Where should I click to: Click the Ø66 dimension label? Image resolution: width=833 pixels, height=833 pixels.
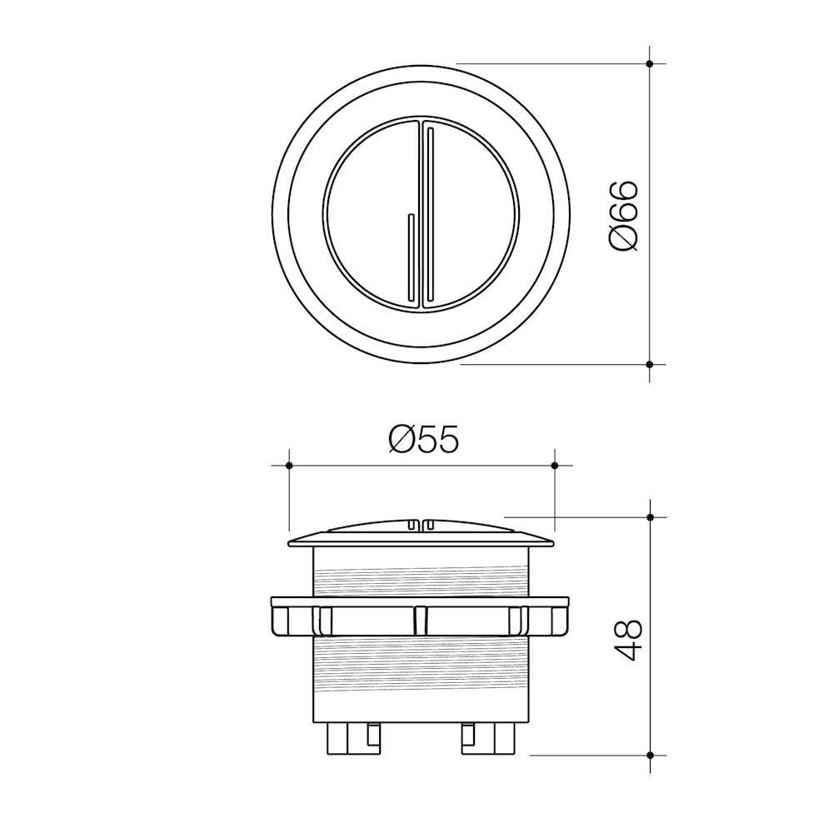[x=624, y=214]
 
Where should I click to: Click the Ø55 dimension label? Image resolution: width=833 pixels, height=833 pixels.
[x=423, y=438]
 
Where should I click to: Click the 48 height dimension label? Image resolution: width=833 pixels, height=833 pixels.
[x=629, y=639]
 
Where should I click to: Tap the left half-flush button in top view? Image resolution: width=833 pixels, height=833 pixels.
[x=367, y=212]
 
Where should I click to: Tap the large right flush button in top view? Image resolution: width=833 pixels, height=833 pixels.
[x=471, y=212]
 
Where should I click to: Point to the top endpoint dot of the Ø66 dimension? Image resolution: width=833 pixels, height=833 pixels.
[x=650, y=63]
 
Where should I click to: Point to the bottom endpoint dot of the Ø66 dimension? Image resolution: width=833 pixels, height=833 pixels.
[x=650, y=364]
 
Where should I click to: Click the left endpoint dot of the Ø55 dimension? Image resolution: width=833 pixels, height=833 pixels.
[x=288, y=465]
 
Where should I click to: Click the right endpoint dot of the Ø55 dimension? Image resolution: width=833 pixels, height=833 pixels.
[x=555, y=465]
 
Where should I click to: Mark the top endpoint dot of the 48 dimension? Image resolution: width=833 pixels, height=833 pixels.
[x=650, y=516]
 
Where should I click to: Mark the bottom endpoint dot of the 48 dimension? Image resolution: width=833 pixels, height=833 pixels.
[x=650, y=756]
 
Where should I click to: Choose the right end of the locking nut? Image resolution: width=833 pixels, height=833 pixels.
[x=561, y=618]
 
